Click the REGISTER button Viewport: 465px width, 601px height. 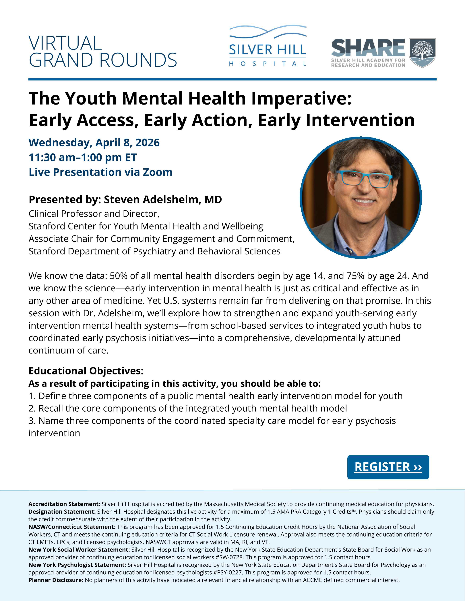click(388, 467)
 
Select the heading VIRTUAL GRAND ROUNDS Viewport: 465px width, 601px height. click(102, 52)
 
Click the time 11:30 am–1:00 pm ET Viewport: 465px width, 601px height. click(83, 157)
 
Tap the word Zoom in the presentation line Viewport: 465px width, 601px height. click(157, 172)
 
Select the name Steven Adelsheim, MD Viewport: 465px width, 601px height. click(162, 199)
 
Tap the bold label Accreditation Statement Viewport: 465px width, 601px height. click(64, 504)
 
